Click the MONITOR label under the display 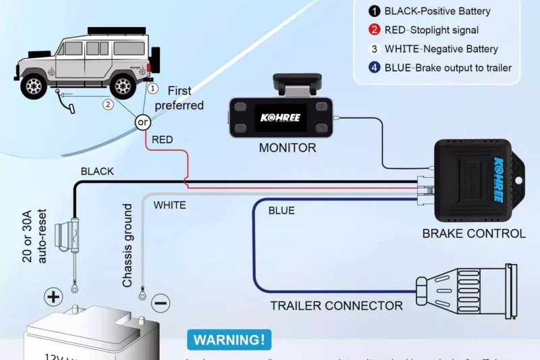point(287,148)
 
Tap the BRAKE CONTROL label point(473,234)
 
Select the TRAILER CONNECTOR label point(336,305)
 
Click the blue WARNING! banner point(229,339)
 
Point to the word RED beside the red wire point(162,140)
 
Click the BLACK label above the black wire point(97,172)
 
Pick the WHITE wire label point(169,205)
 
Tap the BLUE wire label point(281,211)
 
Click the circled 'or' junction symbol point(143,122)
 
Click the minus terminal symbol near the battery point(161,303)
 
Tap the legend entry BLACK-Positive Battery point(437,11)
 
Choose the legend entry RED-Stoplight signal point(431,30)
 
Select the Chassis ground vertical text point(128,246)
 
